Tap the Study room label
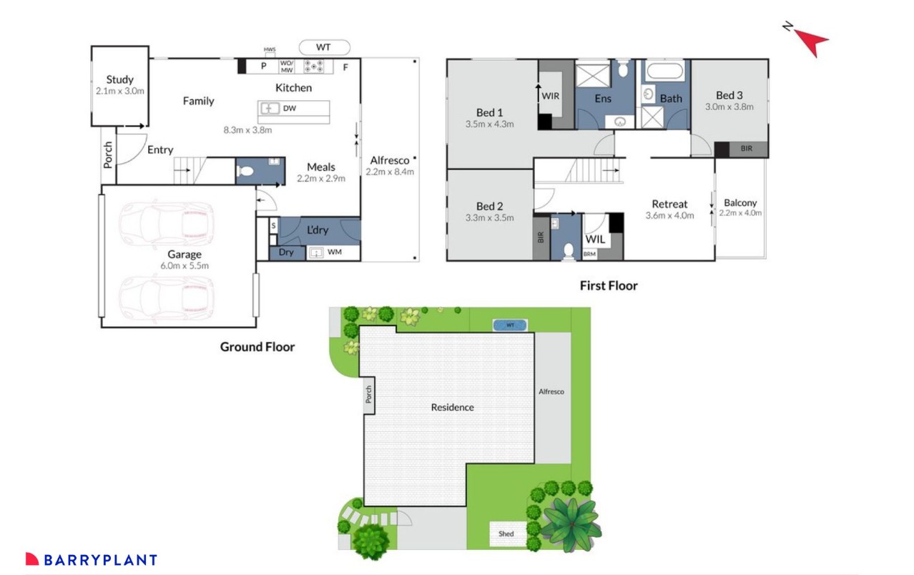point(120,79)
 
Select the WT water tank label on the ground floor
point(324,48)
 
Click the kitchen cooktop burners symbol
point(315,67)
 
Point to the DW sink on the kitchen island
point(271,109)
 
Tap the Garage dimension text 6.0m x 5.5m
point(185,265)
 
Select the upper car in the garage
point(167,221)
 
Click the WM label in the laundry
point(334,252)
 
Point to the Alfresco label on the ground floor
point(390,160)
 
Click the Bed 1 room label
point(490,112)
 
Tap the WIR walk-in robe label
point(551,95)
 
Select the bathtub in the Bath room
point(665,72)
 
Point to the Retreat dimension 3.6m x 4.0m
point(669,215)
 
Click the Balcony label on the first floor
point(740,202)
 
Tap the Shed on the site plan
point(506,534)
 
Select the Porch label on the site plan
point(369,395)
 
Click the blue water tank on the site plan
point(510,325)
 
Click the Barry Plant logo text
point(100,560)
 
